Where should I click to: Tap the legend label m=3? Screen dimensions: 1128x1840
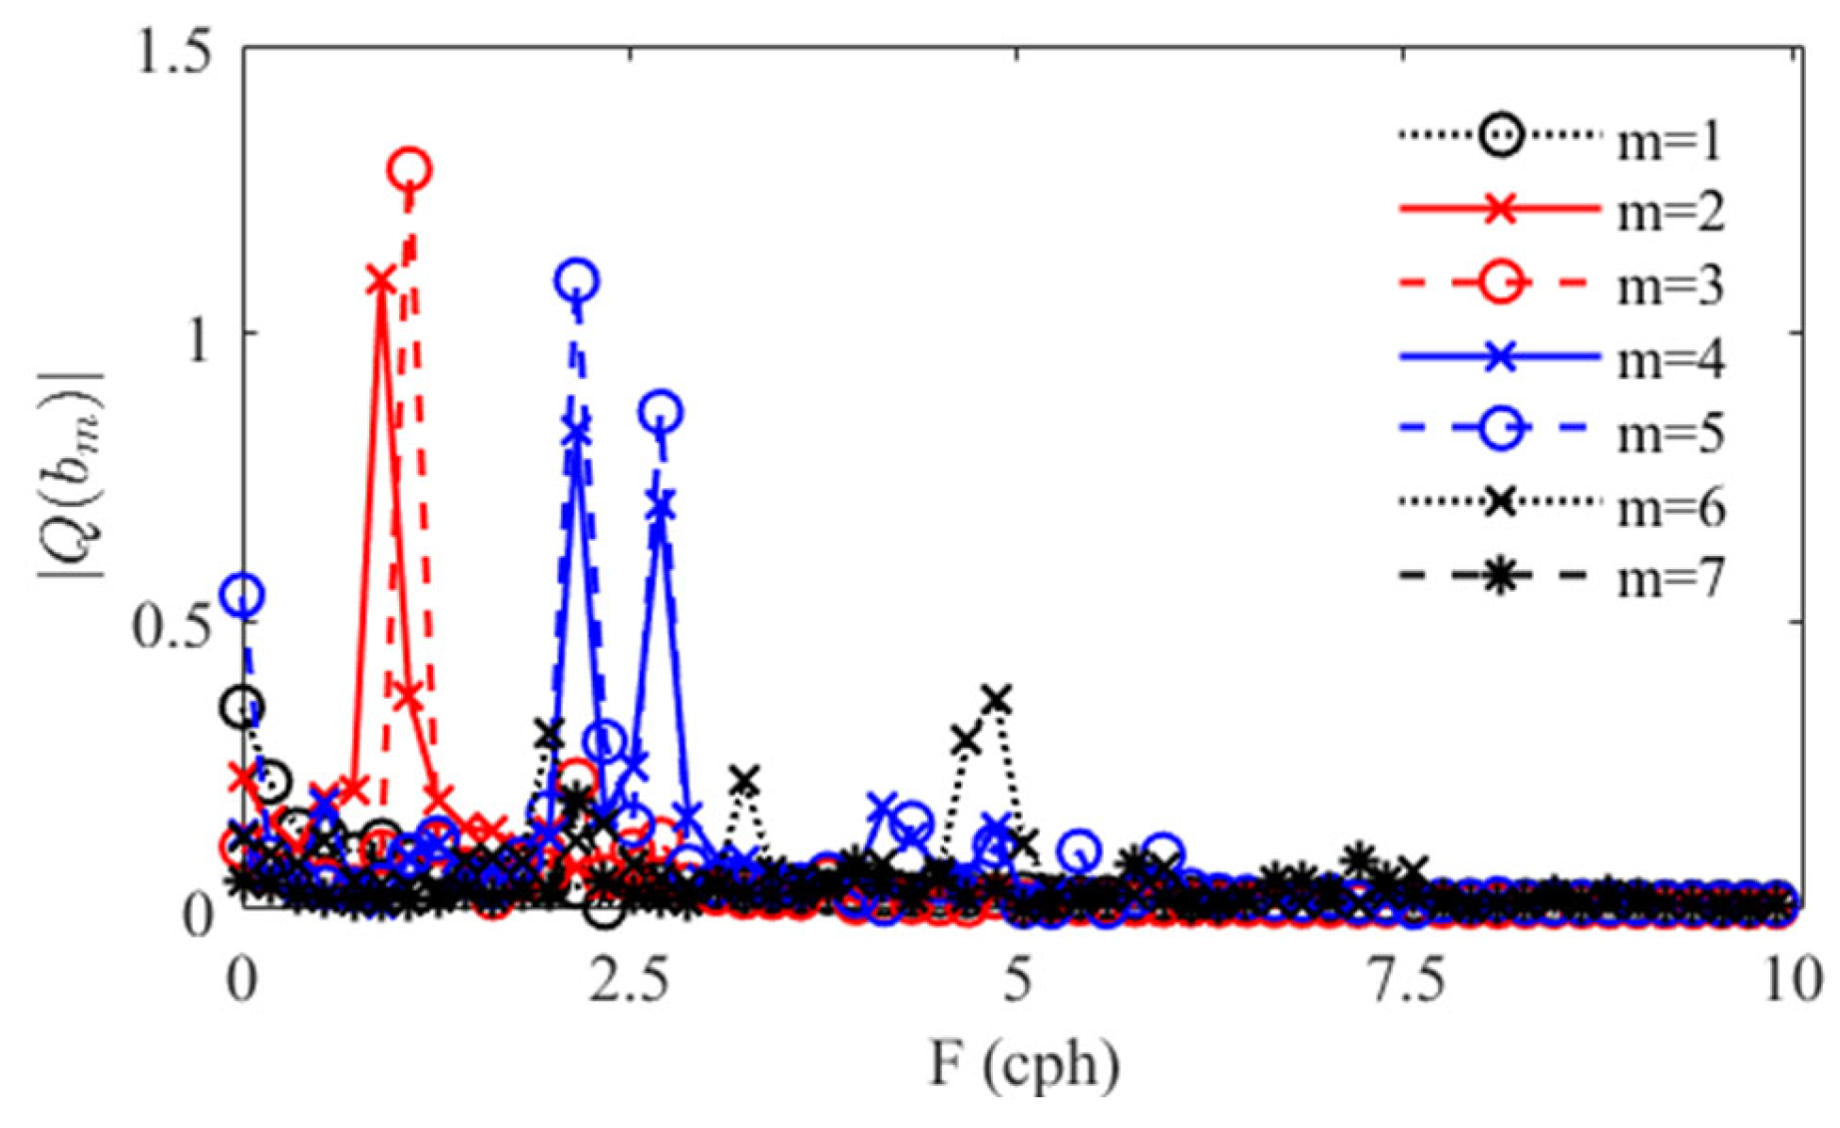click(1668, 286)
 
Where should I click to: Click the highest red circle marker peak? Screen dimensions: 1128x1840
click(409, 170)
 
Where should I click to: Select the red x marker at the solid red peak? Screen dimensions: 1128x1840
click(380, 282)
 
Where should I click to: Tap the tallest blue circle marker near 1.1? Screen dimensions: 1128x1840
click(577, 282)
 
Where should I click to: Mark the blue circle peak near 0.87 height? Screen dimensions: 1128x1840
click(662, 411)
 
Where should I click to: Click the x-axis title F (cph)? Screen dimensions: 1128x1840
click(1024, 1066)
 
